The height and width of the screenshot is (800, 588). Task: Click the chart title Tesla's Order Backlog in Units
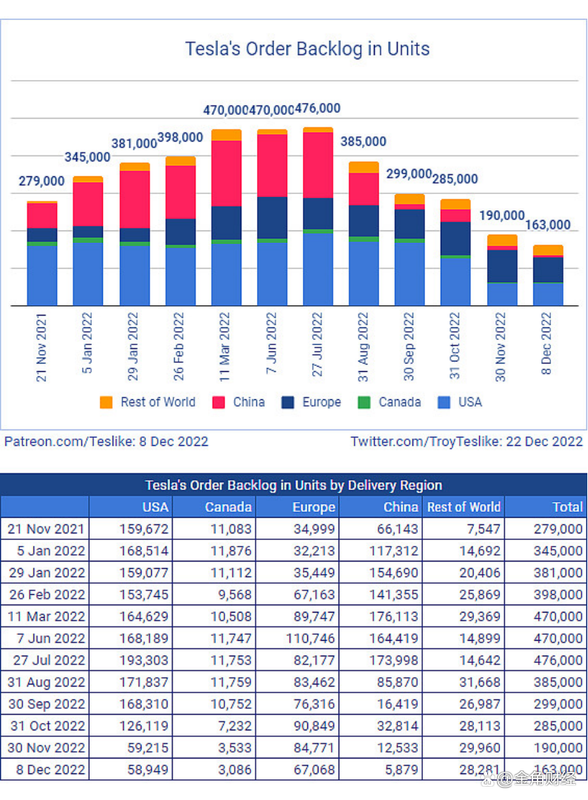pyautogui.click(x=307, y=50)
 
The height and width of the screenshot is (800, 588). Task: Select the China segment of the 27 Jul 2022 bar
pyautogui.click(x=318, y=165)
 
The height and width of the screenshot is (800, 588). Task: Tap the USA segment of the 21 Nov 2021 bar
pyautogui.click(x=42, y=275)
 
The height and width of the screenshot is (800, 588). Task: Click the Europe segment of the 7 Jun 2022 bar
pyautogui.click(x=272, y=218)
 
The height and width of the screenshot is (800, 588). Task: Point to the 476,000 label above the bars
pyautogui.click(x=318, y=109)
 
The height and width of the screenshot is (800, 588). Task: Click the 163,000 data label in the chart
pyautogui.click(x=548, y=225)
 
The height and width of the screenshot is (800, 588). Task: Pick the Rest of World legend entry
pyautogui.click(x=148, y=402)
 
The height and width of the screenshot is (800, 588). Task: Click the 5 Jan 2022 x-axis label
pyautogui.click(x=88, y=344)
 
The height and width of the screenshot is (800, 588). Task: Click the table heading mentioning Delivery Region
pyautogui.click(x=293, y=486)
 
